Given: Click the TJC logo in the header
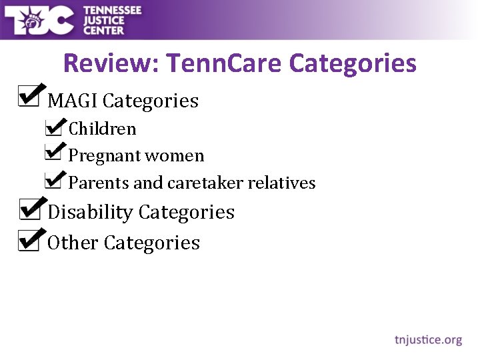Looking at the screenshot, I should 40,20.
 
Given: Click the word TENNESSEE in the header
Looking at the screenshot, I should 113,10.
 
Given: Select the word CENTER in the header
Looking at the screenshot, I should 104,30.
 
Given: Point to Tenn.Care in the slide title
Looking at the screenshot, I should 224,64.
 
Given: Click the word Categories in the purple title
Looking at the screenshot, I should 353,64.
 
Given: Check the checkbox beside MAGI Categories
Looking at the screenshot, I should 29,97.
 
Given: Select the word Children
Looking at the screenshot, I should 103,129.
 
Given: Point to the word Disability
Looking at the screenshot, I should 91,213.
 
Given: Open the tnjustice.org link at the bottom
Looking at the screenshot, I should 428,340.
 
